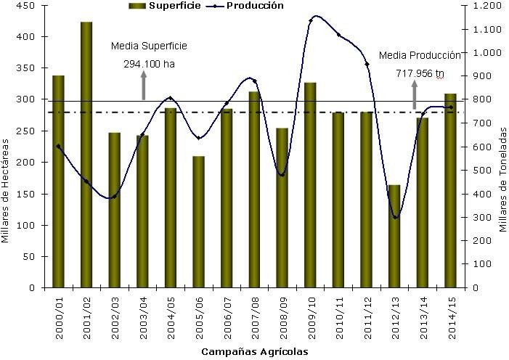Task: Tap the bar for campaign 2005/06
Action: coord(198,221)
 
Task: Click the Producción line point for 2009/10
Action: coord(311,20)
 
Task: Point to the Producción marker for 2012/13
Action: coord(395,217)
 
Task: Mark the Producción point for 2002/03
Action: coord(114,197)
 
